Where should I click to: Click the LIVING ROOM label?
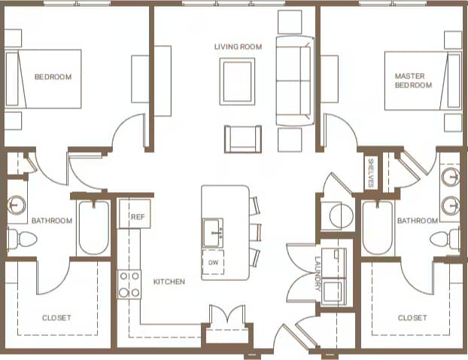(x=238, y=47)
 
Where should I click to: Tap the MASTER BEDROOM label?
(x=414, y=81)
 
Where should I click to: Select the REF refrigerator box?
(x=137, y=216)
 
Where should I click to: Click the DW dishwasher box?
(x=214, y=261)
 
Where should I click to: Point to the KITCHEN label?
(x=169, y=282)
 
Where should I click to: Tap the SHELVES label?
(x=371, y=174)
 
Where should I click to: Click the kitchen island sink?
(x=212, y=230)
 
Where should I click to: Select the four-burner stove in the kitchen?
(x=129, y=284)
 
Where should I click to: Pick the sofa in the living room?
(x=294, y=81)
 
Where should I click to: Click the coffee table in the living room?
(x=238, y=81)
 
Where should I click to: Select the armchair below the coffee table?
(x=243, y=139)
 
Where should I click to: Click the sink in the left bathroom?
(x=18, y=204)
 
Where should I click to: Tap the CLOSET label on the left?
(x=57, y=318)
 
